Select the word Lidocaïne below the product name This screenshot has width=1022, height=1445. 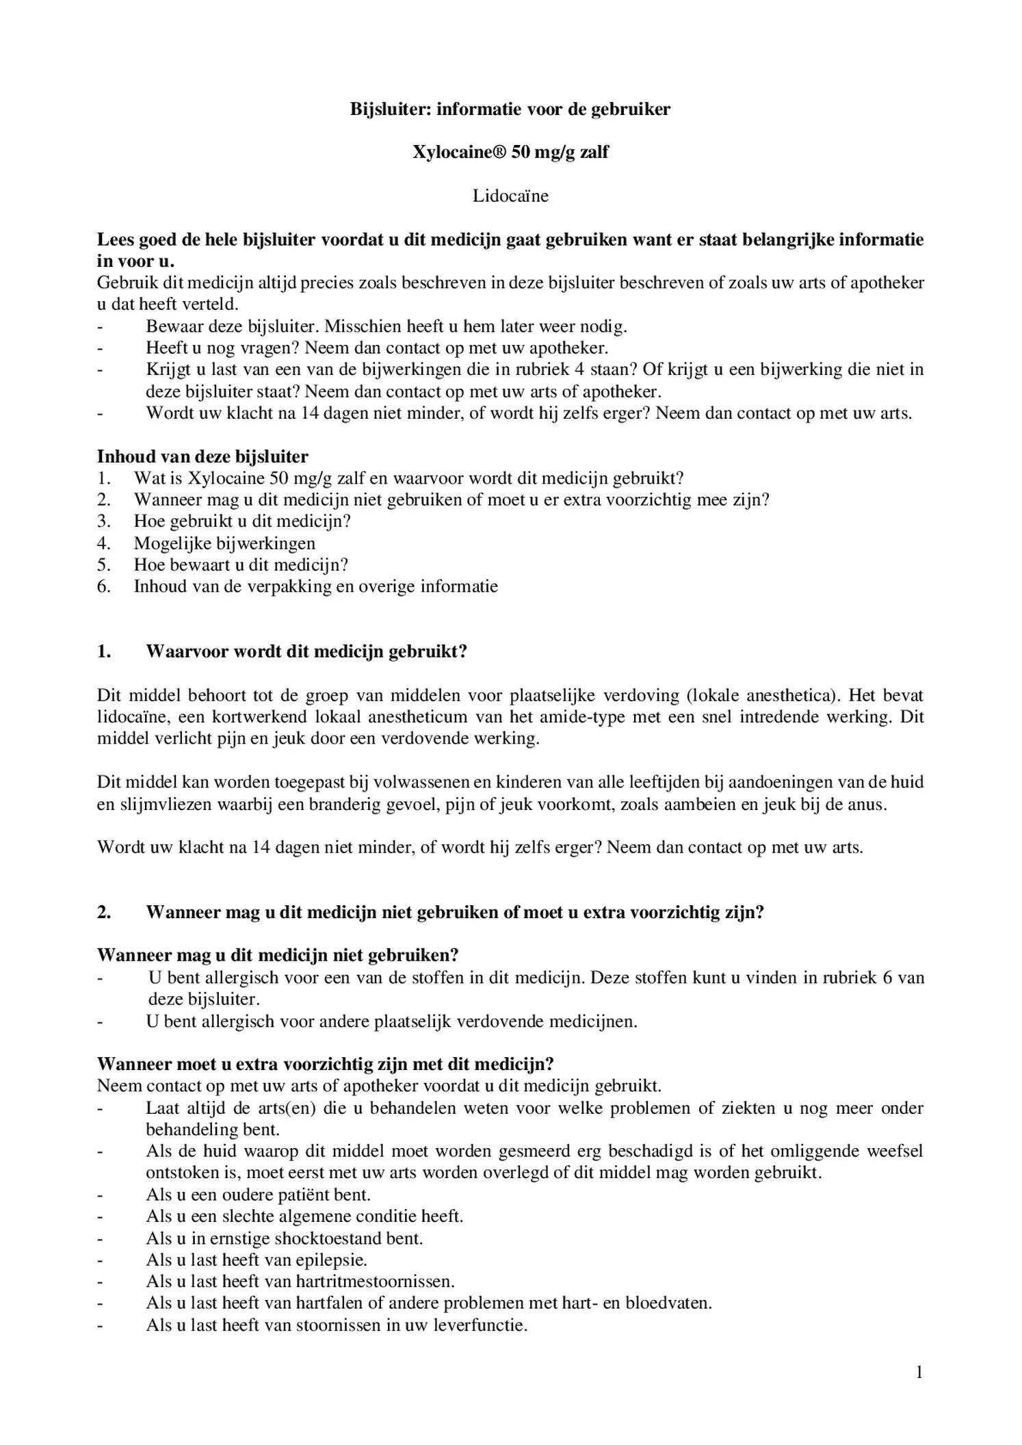click(x=510, y=196)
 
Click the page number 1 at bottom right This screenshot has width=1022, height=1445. click(x=919, y=1372)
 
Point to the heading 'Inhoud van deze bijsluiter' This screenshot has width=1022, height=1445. click(x=202, y=456)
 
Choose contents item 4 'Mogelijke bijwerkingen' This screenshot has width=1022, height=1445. click(x=224, y=543)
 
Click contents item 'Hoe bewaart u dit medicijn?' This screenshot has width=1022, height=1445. click(x=241, y=565)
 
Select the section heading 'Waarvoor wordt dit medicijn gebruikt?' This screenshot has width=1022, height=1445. click(x=306, y=651)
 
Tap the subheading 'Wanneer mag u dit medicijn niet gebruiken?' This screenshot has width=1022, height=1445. click(x=278, y=955)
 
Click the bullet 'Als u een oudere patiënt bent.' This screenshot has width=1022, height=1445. click(x=258, y=1195)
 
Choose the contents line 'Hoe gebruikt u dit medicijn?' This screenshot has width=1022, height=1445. click(x=242, y=521)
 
